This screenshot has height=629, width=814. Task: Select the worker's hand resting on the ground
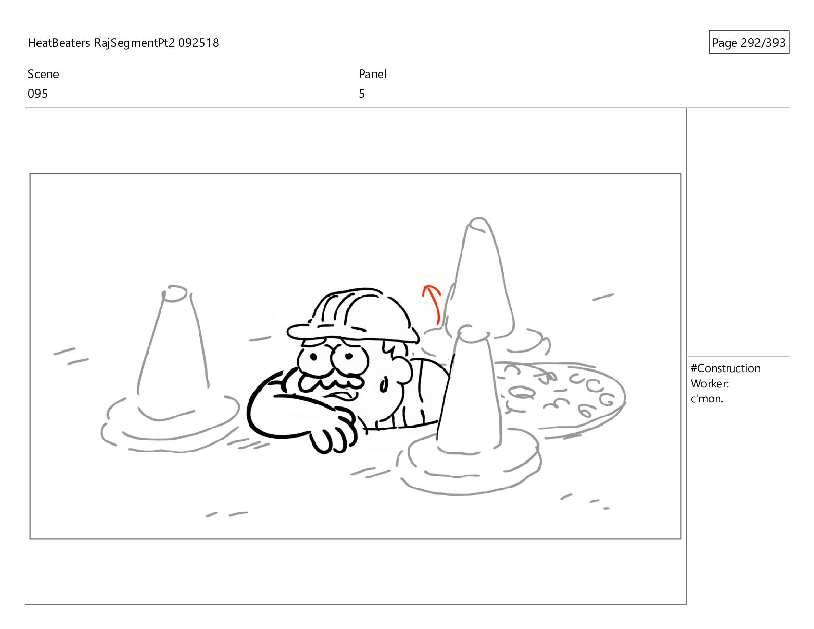[334, 431]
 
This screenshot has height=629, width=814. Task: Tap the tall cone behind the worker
[483, 285]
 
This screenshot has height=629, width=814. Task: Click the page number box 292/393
[749, 42]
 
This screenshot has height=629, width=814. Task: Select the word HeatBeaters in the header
[59, 43]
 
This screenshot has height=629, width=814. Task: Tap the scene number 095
[38, 94]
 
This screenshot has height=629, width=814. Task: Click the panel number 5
[361, 94]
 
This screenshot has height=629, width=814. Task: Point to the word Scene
[43, 74]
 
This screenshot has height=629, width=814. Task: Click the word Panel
[373, 74]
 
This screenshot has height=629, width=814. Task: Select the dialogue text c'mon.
[707, 399]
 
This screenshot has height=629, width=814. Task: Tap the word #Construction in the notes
[725, 368]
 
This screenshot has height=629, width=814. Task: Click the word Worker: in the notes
[710, 384]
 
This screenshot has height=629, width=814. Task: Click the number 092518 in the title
[198, 43]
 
